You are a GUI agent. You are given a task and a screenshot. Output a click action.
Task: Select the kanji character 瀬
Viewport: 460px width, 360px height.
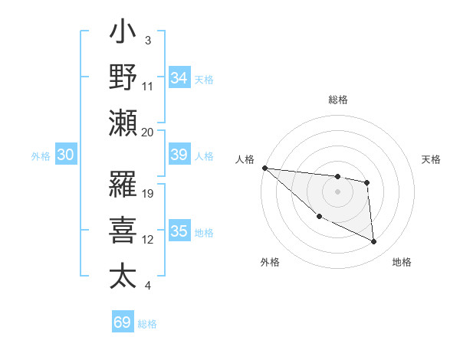pyautogui.click(x=123, y=123)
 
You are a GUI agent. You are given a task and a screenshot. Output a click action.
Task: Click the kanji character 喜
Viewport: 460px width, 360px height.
pyautogui.click(x=123, y=230)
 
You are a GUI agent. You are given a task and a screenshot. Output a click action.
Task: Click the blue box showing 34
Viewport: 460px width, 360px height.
pyautogui.click(x=179, y=77)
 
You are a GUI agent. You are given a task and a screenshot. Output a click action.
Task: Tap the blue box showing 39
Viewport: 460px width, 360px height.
pyautogui.click(x=179, y=155)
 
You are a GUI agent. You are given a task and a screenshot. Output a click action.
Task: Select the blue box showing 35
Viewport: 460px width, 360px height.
pyautogui.click(x=179, y=231)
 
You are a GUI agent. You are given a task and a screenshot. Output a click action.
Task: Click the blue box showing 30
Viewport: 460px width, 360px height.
pyautogui.click(x=65, y=155)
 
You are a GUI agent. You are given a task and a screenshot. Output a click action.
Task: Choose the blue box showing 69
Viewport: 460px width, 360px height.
pyautogui.click(x=123, y=322)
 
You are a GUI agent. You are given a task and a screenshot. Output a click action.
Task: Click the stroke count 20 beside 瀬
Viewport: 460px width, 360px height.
pyautogui.click(x=148, y=132)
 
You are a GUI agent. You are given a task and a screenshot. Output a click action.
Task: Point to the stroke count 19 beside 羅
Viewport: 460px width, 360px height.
pyautogui.click(x=148, y=193)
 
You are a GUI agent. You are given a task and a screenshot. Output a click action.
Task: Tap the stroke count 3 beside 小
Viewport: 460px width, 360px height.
pyautogui.click(x=147, y=40)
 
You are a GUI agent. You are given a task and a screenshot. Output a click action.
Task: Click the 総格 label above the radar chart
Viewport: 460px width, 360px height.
pyautogui.click(x=338, y=100)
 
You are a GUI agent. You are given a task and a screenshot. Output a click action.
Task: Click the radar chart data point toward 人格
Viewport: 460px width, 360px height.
pyautogui.click(x=264, y=168)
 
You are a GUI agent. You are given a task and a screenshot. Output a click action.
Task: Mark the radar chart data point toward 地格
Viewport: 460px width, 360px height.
pyautogui.click(x=374, y=242)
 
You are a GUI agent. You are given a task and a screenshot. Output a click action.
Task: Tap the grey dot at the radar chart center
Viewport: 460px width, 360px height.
pyautogui.click(x=337, y=191)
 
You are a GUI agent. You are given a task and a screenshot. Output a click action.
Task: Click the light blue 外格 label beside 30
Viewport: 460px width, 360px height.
pyautogui.click(x=41, y=155)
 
